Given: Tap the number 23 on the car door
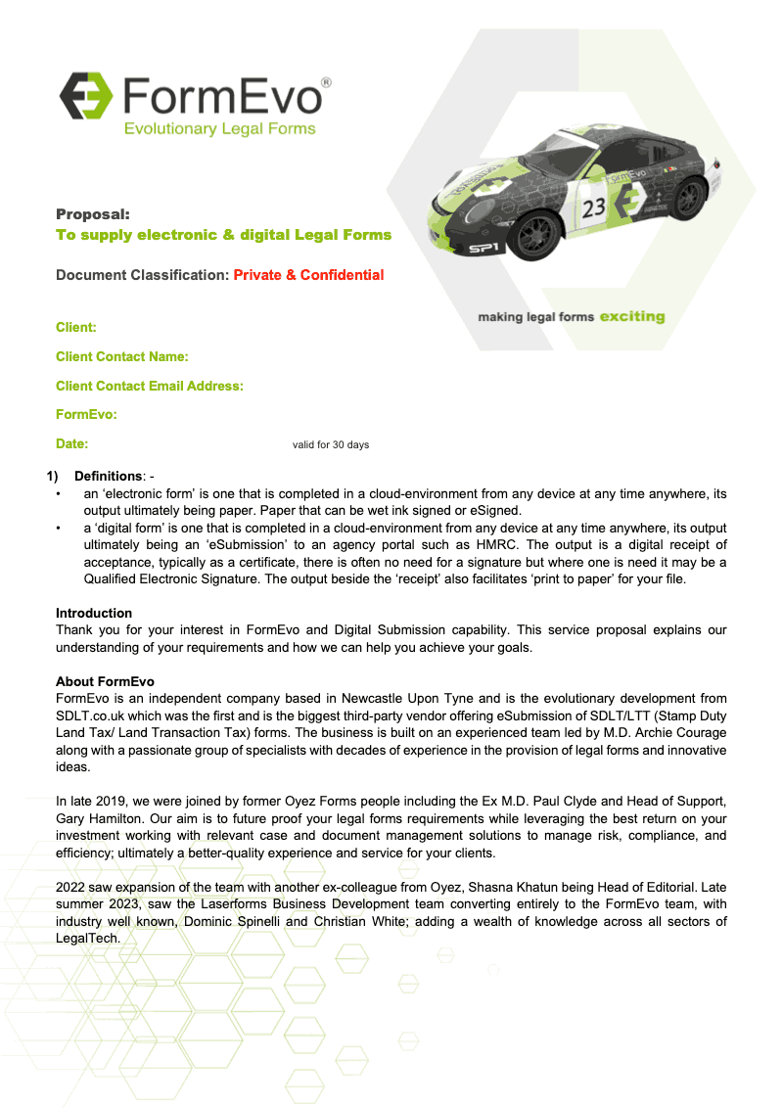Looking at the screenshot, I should [x=594, y=208].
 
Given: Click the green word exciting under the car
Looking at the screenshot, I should [x=631, y=317].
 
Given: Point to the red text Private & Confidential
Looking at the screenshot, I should [x=308, y=275].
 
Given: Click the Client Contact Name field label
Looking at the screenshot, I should [x=122, y=357].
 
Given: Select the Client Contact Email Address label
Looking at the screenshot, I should [x=150, y=387].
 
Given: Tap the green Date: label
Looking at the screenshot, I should [x=72, y=444].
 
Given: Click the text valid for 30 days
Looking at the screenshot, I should [x=331, y=445].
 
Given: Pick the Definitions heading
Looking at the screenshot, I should [x=108, y=476].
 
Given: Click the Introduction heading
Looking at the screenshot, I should [x=94, y=614].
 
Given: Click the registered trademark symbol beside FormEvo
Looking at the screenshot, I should [x=326, y=83].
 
